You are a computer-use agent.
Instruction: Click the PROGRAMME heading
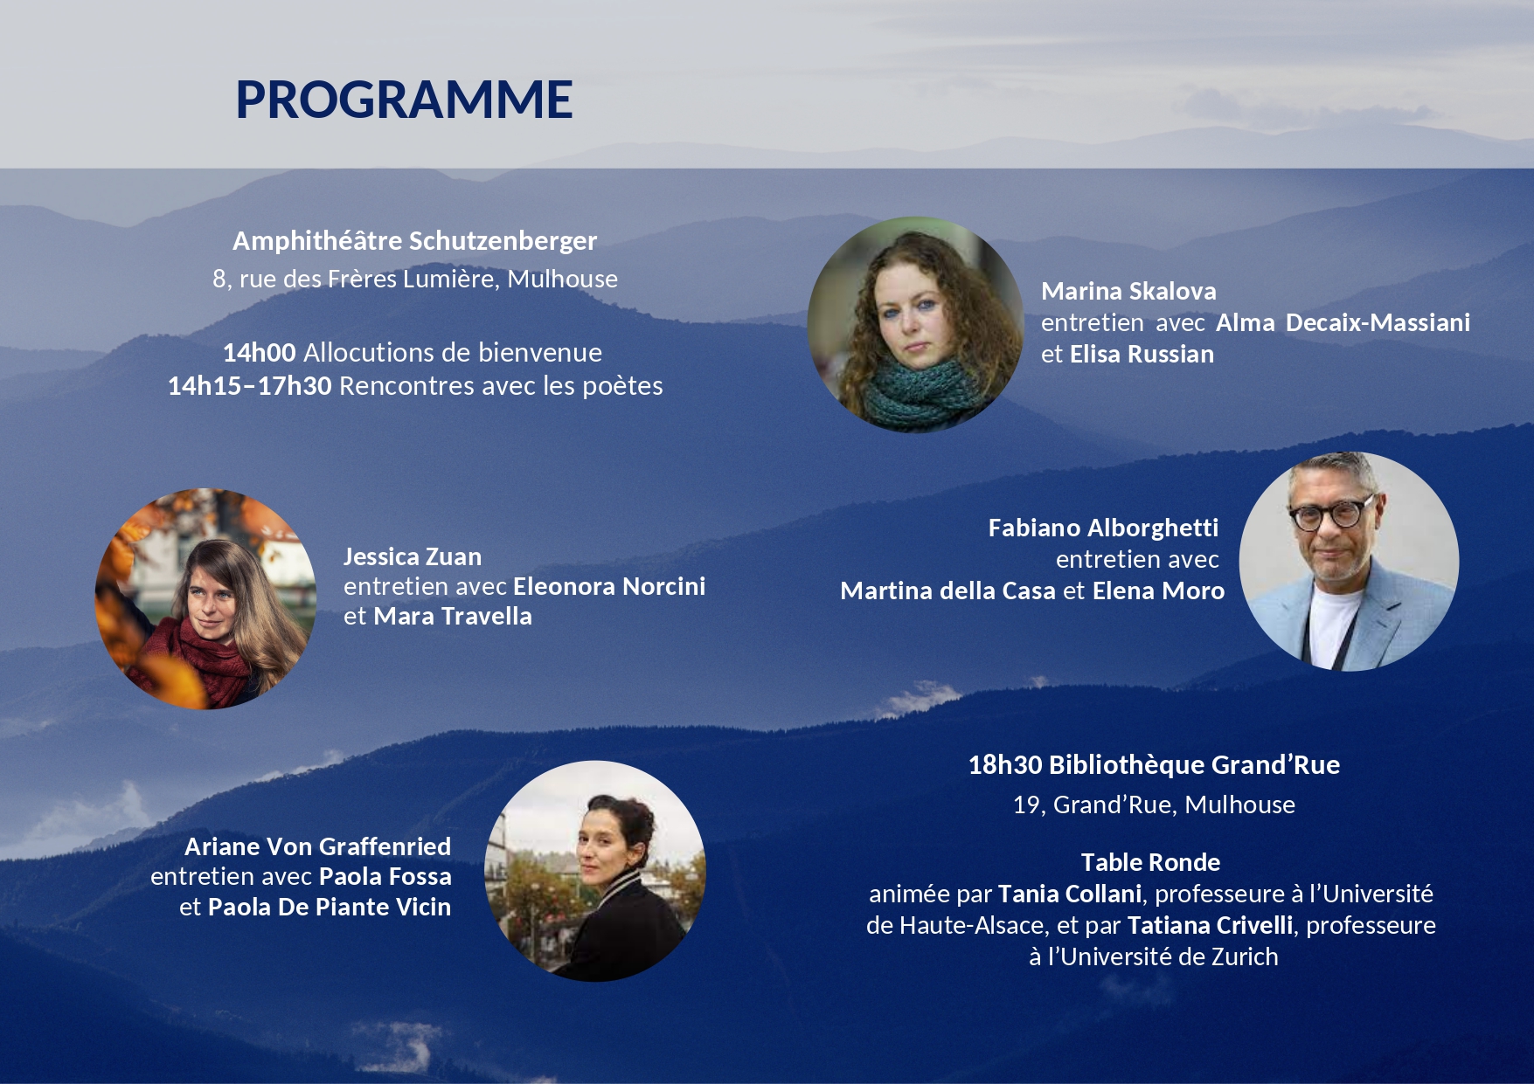coord(404,100)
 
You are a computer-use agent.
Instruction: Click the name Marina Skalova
coord(1128,291)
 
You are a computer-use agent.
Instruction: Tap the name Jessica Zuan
coord(413,556)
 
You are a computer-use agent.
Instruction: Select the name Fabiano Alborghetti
coord(1103,528)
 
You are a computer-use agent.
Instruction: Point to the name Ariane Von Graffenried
coord(318,846)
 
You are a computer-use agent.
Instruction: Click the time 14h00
coord(260,352)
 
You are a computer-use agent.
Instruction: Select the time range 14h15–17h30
coord(250,385)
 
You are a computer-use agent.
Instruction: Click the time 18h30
coord(1005,765)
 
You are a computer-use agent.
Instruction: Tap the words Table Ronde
coord(1150,862)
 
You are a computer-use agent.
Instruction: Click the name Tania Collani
coord(1070,894)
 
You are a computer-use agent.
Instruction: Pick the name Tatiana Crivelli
coord(1210,925)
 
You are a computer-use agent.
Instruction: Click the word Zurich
coord(1245,956)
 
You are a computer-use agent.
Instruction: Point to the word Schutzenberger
coord(503,241)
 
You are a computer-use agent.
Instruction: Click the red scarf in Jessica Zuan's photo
coord(210,659)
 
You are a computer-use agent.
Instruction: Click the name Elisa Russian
coord(1142,354)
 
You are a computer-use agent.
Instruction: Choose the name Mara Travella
coord(453,616)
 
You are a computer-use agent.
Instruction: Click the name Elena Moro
coord(1158,590)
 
